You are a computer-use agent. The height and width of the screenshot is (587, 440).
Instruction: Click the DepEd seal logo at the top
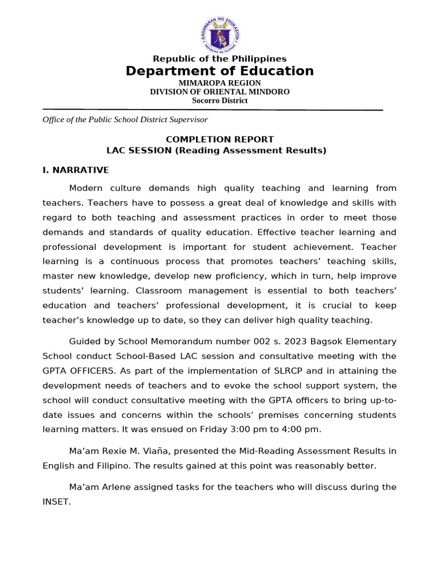click(220, 33)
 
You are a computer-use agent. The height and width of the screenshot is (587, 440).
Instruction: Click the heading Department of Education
click(220, 71)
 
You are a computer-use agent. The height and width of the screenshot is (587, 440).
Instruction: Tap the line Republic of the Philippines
click(220, 59)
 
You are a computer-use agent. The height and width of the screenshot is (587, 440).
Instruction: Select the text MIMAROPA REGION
click(220, 83)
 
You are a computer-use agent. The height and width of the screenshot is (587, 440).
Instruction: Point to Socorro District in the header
click(220, 100)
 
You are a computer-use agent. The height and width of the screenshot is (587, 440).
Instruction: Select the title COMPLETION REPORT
click(220, 139)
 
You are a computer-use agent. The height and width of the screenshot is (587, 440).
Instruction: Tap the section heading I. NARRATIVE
click(76, 170)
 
